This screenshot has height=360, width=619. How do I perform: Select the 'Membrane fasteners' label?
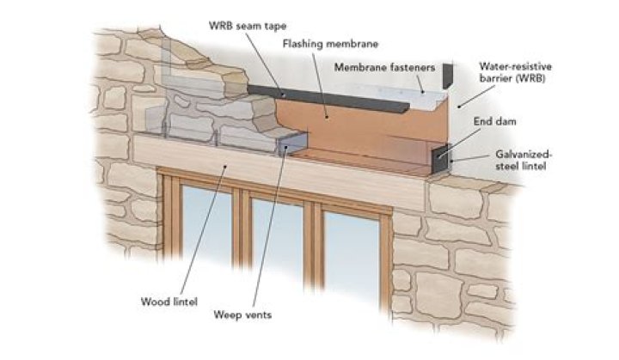384,67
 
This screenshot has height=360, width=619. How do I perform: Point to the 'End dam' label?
491,122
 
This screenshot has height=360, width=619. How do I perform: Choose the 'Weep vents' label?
243,315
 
